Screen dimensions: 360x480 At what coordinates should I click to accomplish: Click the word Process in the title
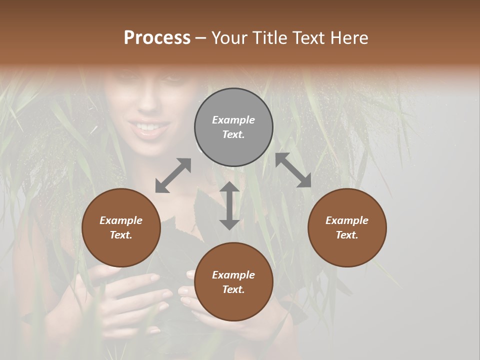point(157,38)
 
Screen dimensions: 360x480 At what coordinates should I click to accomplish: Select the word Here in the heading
point(349,38)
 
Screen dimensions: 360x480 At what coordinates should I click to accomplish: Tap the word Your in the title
point(228,38)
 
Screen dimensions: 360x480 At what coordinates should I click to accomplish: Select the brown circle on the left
point(121,227)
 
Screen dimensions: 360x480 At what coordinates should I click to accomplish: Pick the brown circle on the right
point(347,227)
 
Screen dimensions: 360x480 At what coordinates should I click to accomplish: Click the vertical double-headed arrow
point(229,205)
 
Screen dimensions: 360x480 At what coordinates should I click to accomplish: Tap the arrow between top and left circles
point(173,175)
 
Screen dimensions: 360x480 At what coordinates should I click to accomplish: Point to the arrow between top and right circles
point(293,170)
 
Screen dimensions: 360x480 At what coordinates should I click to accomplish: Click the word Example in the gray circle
point(233,120)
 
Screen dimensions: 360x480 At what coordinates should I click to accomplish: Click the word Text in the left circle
point(120,235)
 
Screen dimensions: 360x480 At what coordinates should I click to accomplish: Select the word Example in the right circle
point(347,220)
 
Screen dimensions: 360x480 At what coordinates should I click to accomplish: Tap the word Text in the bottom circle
point(233,289)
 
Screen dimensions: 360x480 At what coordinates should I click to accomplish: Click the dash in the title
point(201,38)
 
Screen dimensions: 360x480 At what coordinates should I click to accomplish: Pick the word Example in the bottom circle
point(233,275)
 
